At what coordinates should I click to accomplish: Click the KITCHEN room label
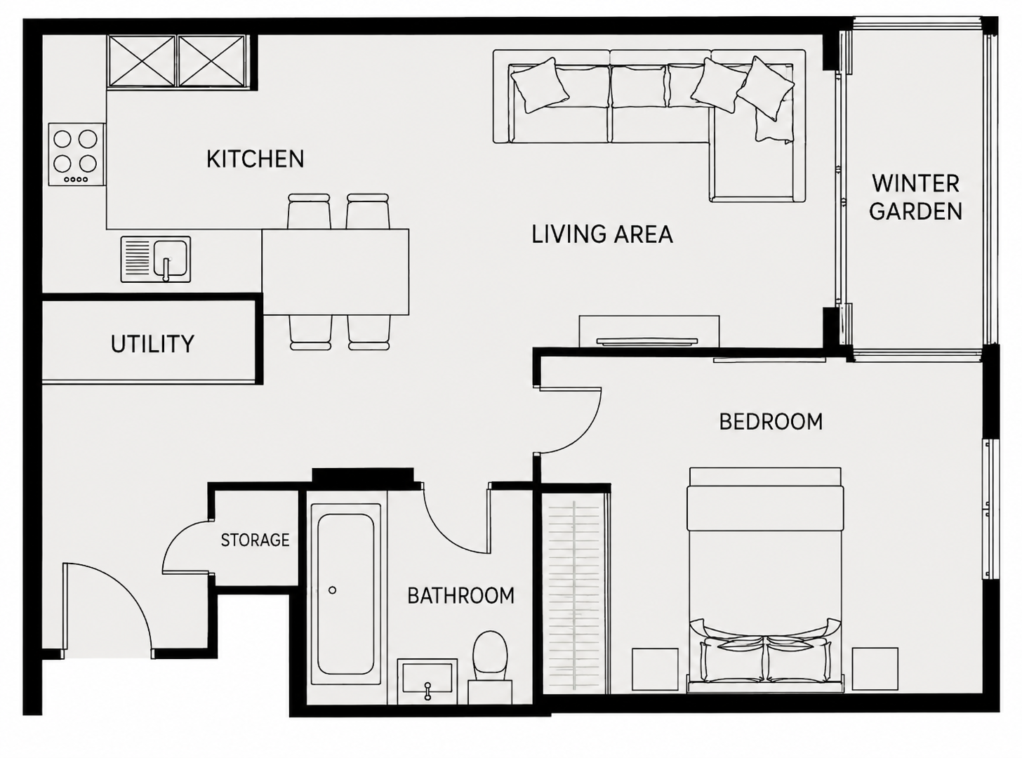click(x=255, y=159)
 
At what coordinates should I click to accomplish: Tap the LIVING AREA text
click(x=602, y=234)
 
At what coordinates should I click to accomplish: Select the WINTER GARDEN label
click(x=915, y=197)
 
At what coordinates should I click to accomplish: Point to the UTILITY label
click(x=152, y=344)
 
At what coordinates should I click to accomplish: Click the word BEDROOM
click(x=771, y=422)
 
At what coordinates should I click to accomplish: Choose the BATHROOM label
click(x=460, y=596)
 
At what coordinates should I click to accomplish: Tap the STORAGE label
click(x=255, y=540)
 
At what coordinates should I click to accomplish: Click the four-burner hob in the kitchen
click(x=77, y=155)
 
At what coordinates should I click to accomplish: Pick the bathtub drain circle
click(x=332, y=590)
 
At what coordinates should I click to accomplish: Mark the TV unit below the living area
click(x=649, y=331)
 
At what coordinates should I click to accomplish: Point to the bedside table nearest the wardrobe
click(x=655, y=669)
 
